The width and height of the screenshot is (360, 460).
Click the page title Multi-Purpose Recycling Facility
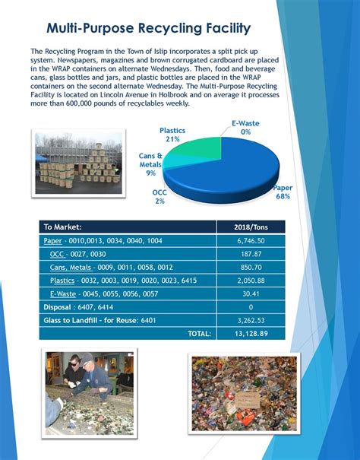(x=149, y=29)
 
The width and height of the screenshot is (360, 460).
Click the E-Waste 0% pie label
(x=245, y=127)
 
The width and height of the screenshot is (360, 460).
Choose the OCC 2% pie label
(x=159, y=196)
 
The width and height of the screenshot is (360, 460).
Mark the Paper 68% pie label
(x=283, y=191)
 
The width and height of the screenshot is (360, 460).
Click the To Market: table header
(x=62, y=227)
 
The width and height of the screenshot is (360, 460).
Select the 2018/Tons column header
(x=251, y=227)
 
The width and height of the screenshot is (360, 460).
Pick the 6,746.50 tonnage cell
(x=251, y=240)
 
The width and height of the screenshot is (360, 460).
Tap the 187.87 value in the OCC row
(x=251, y=253)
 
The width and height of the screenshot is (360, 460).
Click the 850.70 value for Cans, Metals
(x=251, y=267)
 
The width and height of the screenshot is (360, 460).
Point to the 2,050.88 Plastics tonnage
(x=251, y=280)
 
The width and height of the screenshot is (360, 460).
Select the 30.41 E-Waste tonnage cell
(x=251, y=293)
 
